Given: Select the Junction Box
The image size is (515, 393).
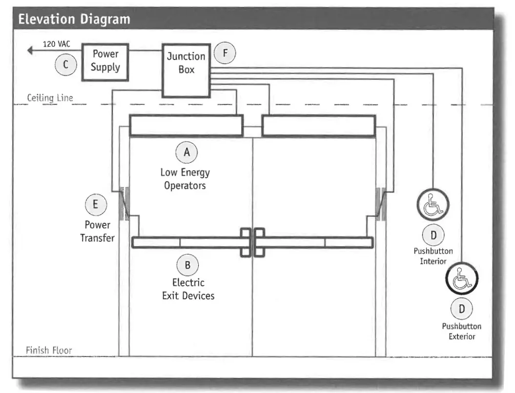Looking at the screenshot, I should pyautogui.click(x=186, y=69).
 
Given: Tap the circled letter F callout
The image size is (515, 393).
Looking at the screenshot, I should pyautogui.click(x=225, y=53).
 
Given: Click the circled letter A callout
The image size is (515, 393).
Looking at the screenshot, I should pyautogui.click(x=186, y=153).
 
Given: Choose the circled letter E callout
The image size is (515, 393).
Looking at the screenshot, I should pyautogui.click(x=96, y=204).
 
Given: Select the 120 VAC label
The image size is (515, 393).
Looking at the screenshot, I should pyautogui.click(x=57, y=44).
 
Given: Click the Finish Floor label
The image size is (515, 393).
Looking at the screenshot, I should pyautogui.click(x=49, y=351).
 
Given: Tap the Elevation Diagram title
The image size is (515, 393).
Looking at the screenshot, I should pyautogui.click(x=75, y=20).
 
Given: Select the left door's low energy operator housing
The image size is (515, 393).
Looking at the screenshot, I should pyautogui.click(x=186, y=125).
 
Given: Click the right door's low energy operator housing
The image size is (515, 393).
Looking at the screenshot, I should pyautogui.click(x=318, y=125).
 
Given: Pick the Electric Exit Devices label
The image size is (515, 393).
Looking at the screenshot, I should pyautogui.click(x=188, y=289).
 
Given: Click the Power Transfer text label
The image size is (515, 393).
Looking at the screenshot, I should pyautogui.click(x=97, y=231).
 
